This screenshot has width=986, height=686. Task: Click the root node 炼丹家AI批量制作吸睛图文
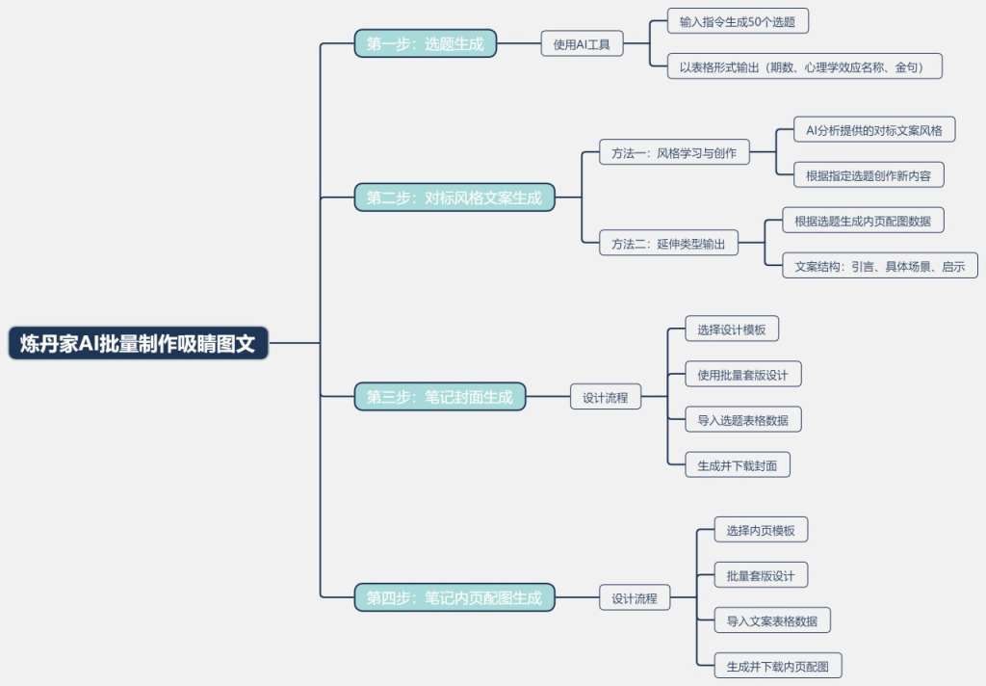[138, 344]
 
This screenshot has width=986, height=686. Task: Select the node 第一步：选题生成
[425, 43]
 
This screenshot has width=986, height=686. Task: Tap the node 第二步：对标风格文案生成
[454, 198]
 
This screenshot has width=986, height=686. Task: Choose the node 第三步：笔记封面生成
[439, 396]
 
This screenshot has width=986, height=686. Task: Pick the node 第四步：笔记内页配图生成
[454, 597]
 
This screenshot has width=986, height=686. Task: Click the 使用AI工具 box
[582, 43]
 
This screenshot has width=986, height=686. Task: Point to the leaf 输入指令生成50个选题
[738, 20]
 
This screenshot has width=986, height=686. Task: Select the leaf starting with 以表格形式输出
[804, 66]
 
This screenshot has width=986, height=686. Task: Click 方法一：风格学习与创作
[666, 152]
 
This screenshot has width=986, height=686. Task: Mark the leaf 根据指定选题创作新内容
[861, 175]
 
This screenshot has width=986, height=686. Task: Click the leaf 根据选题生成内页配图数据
[862, 221]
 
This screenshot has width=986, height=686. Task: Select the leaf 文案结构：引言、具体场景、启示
[879, 266]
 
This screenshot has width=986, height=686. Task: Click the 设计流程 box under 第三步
[606, 396]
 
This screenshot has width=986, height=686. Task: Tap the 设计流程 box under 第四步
[635, 597]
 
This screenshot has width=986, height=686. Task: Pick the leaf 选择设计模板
[732, 329]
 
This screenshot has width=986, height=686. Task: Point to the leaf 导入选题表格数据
[742, 419]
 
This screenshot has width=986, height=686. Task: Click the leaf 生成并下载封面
[737, 465]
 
